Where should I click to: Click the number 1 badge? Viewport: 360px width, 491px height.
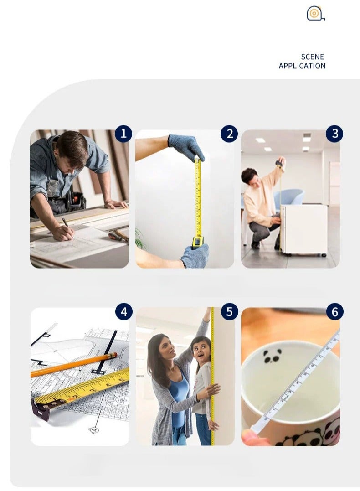pos(123,134)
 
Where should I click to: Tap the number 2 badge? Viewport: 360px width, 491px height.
pos(229,134)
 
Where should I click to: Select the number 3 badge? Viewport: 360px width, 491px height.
pos(334,134)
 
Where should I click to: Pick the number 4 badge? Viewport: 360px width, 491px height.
pos(124,312)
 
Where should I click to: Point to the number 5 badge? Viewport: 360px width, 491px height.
pos(230,312)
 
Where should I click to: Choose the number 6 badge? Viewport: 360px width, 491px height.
pos(334,312)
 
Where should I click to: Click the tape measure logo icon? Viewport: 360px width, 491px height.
pos(315,14)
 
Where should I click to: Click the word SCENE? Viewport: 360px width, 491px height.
pos(313,57)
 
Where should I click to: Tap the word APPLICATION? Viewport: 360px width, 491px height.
pos(302,66)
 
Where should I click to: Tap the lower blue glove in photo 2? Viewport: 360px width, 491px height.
pos(195,255)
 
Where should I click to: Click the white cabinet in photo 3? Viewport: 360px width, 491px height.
pos(303,230)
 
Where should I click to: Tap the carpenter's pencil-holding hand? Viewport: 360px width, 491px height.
pos(63,233)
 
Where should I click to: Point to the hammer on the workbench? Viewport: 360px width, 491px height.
pos(118,236)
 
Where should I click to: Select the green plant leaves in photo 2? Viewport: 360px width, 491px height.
pos(140,239)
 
